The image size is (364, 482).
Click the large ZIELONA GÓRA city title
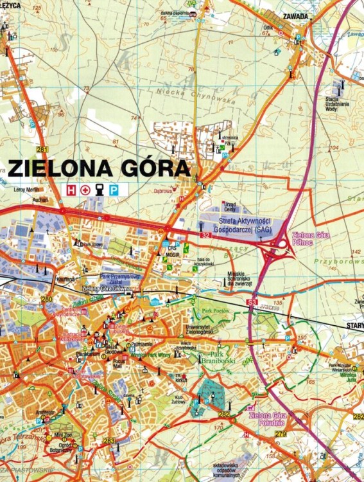point(99,168)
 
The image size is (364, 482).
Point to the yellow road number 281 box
point(42,150)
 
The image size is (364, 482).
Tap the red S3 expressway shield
point(252,302)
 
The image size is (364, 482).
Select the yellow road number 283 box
point(109,440)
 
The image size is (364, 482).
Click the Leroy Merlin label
point(26,190)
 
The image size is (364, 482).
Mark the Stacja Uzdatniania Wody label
point(340,103)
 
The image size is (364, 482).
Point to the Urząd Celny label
point(229,206)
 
